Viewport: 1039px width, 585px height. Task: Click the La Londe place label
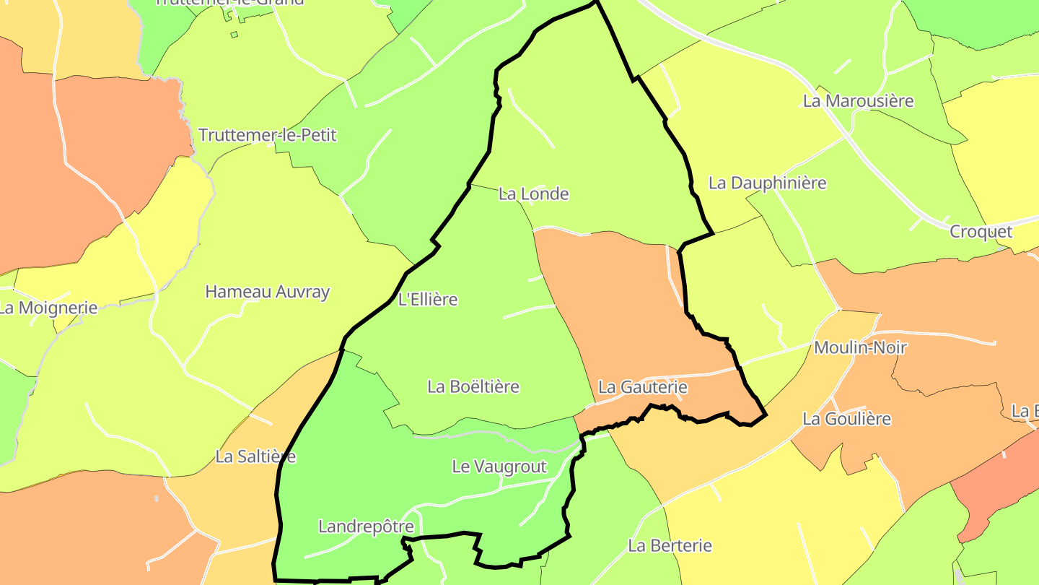533,194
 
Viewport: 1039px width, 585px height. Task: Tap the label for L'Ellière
428,299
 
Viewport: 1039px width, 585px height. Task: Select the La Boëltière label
473,386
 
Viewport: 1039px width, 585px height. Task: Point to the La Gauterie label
642,387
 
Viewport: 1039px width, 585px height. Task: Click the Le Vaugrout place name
499,467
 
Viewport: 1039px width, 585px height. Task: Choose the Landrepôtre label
366,526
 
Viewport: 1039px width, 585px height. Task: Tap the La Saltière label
255,456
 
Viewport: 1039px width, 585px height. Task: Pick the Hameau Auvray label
267,292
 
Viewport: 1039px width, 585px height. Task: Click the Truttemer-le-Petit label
267,135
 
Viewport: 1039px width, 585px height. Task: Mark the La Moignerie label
48,308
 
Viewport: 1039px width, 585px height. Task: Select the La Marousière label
858,101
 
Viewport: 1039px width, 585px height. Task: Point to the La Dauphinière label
767,183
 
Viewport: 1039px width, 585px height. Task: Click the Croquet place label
981,232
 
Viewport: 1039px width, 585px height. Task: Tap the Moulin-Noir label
860,347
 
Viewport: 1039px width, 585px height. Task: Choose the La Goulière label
846,419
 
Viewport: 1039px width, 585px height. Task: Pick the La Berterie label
670,545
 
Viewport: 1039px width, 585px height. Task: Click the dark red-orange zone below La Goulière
996,491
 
